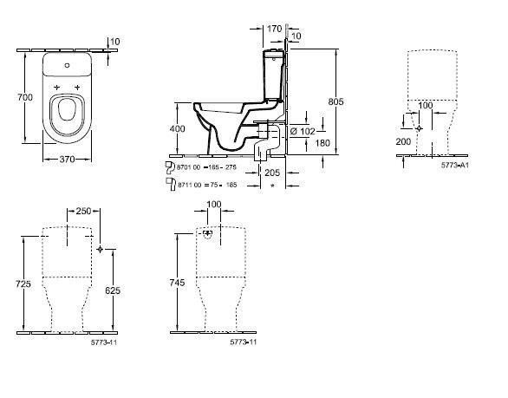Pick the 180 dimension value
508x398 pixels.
(x=322, y=143)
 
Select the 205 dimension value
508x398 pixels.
(x=273, y=173)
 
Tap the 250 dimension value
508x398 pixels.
(x=83, y=211)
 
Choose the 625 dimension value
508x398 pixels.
(x=112, y=292)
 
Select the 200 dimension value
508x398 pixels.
(x=405, y=140)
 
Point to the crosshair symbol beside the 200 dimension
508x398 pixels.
(x=420, y=128)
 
